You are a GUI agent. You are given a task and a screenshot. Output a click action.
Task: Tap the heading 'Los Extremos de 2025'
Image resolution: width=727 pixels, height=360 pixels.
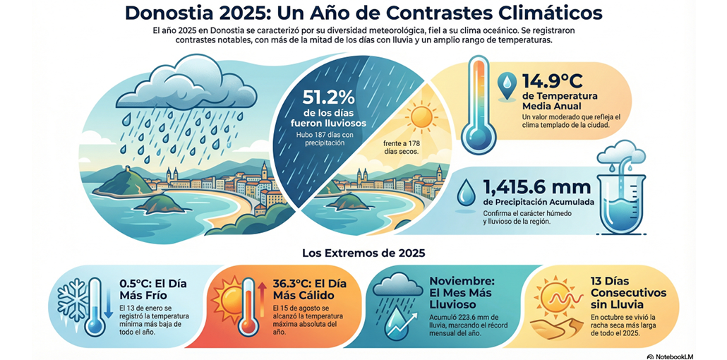(363, 252)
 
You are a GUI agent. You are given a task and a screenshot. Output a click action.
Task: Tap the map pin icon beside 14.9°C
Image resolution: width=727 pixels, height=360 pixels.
(507, 85)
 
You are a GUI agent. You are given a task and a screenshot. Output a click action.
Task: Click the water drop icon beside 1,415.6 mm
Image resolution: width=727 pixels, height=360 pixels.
(466, 193)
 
